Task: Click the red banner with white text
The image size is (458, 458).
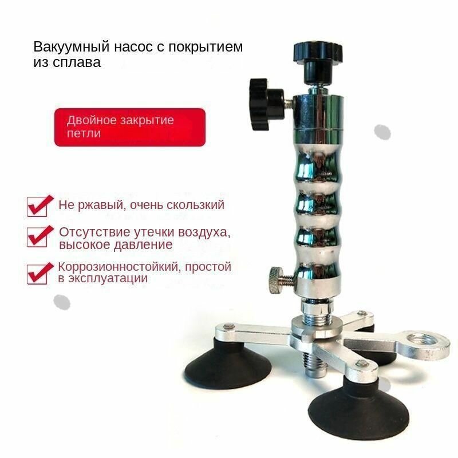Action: click(130, 127)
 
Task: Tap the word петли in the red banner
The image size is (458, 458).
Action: click(84, 133)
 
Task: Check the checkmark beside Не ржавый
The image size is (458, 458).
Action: click(40, 206)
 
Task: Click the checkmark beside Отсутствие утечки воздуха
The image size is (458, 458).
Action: click(40, 236)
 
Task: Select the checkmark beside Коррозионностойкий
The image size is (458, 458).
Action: click(40, 273)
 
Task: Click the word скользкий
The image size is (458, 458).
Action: click(196, 205)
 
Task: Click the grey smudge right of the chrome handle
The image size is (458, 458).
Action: click(382, 132)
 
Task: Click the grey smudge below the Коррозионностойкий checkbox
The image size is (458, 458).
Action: click(62, 302)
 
